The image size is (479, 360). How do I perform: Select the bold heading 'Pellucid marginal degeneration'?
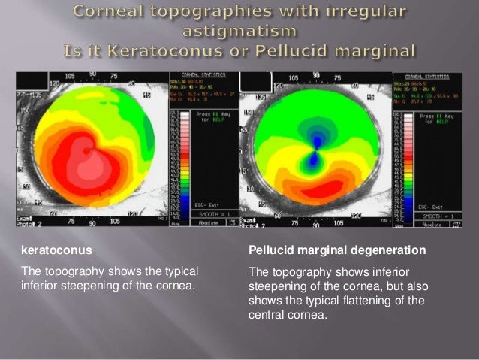click(x=336, y=250)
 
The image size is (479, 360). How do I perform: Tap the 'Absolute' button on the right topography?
click(x=429, y=223)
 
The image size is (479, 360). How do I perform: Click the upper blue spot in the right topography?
click(x=316, y=140)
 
